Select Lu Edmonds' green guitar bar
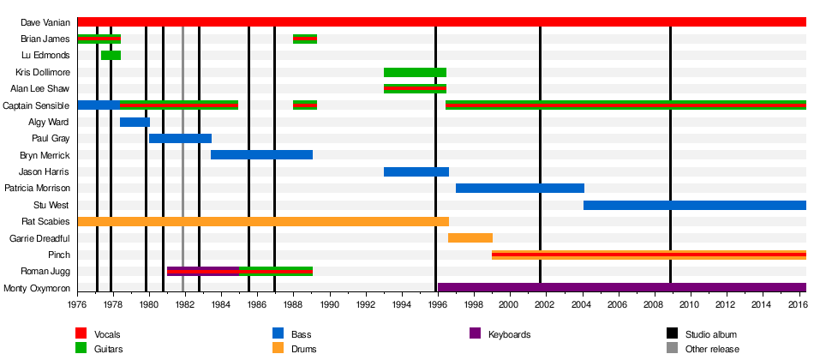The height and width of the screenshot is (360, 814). coord(111,55)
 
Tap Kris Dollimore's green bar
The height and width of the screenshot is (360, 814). coord(415,72)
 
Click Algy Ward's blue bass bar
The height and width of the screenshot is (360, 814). coord(135,122)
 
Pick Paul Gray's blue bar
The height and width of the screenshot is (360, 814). coord(180,138)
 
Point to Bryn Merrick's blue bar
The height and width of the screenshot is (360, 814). coord(261,155)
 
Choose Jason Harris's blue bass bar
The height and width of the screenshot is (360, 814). coord(416,171)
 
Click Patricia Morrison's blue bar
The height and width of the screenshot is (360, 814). coord(519,188)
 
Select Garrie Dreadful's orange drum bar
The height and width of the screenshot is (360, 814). coord(470,237)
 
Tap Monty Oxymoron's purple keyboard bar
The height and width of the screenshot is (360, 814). coord(621,288)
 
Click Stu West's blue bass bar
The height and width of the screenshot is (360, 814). coord(694,205)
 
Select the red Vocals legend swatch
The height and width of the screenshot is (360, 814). coord(82,333)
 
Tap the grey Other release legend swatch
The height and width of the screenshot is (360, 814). coord(673,349)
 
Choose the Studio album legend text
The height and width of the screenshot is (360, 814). coord(710,334)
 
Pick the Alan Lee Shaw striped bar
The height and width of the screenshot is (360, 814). coord(415,88)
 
